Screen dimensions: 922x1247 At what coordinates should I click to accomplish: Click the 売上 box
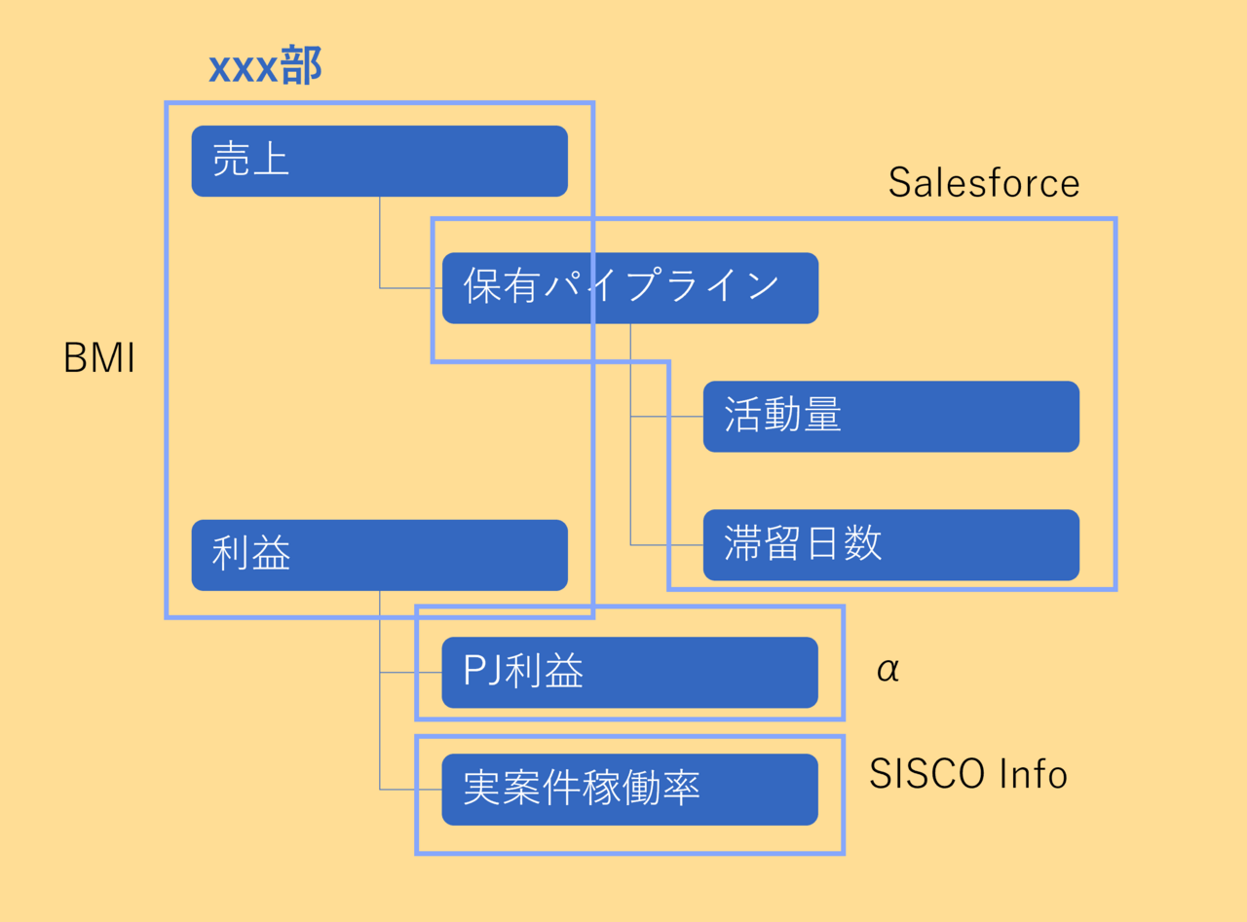click(x=379, y=161)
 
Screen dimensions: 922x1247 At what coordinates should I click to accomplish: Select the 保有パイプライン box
click(x=629, y=287)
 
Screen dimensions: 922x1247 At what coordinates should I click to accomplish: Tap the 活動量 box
click(x=890, y=416)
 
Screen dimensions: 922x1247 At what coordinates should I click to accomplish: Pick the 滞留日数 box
click(x=890, y=544)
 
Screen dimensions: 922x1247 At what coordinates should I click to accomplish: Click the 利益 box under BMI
click(x=379, y=555)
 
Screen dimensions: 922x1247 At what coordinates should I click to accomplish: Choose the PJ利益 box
click(x=629, y=672)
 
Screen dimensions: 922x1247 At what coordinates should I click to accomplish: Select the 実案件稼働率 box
click(x=629, y=789)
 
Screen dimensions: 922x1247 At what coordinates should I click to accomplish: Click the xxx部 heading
click(x=265, y=68)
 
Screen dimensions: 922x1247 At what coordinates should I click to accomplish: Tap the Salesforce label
click(x=984, y=183)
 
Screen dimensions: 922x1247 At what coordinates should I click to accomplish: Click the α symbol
click(x=888, y=670)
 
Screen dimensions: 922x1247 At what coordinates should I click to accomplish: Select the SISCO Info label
click(x=968, y=774)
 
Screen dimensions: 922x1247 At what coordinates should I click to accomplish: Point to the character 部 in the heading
click(x=302, y=68)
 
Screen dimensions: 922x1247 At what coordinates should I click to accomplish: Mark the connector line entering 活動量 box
click(x=667, y=417)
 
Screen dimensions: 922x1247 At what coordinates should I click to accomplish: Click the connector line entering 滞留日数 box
click(x=667, y=545)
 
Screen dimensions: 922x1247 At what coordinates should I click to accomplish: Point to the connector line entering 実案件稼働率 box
click(x=410, y=789)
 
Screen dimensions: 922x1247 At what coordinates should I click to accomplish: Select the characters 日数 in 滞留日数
click(x=844, y=544)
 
